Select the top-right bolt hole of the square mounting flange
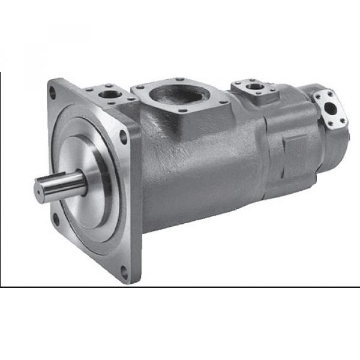pyautogui.click(x=124, y=136)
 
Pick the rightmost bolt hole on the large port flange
pyautogui.click(x=223, y=103)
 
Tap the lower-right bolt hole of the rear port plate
pyautogui.click(x=343, y=119)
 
